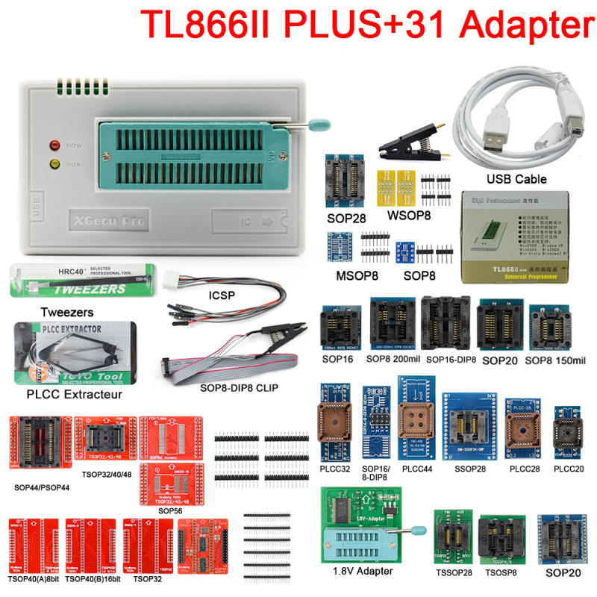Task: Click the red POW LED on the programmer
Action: [54, 145]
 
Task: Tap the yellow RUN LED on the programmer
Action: [54, 163]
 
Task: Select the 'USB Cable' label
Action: [516, 179]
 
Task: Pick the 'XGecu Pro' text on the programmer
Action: [107, 220]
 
